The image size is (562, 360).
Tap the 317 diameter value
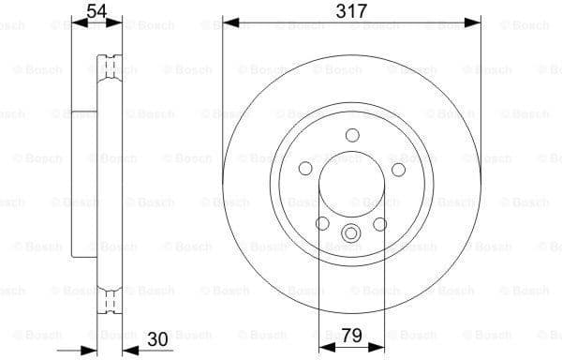pos(351,10)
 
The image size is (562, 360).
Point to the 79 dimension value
pos(351,335)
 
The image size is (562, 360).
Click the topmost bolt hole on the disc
pos(351,135)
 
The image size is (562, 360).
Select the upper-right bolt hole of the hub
pos(398,169)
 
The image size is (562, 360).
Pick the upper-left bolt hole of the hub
pos(304,169)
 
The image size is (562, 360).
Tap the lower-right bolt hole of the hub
pos(380,224)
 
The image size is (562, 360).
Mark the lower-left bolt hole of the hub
pos(322,224)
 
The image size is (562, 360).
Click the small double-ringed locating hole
pos(351,234)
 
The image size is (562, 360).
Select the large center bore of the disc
pos(351,184)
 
